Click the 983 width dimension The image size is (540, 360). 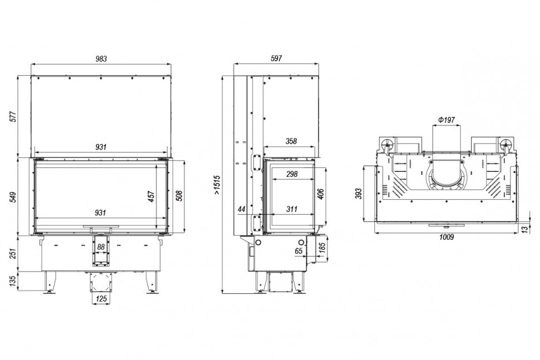[101, 59]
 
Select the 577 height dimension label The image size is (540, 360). [13, 117]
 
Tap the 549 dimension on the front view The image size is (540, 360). [13, 197]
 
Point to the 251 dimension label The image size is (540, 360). [13, 254]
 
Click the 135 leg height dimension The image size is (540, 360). [13, 281]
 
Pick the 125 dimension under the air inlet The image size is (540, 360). [101, 299]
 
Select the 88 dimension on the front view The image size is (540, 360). [101, 247]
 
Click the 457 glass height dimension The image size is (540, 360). [151, 196]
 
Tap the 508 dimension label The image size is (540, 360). [179, 195]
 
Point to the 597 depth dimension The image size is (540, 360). [276, 58]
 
